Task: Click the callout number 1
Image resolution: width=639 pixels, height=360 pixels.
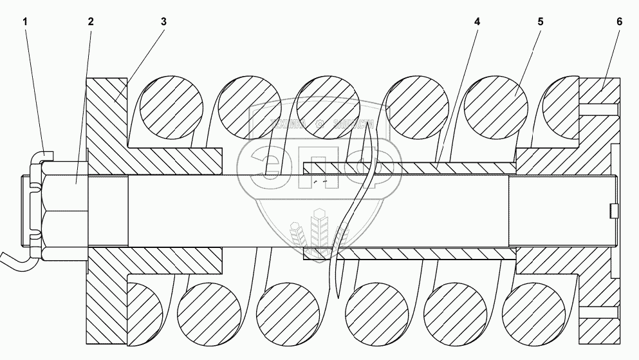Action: pos(26,21)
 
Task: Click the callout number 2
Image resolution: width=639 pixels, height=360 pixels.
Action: pos(91,21)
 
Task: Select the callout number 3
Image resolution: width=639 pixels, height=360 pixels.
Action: pos(163,21)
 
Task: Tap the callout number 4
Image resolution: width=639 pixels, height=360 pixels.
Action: pos(477,21)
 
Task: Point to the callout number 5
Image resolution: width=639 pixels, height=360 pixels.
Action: pos(540,21)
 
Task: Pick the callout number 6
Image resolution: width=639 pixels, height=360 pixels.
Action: pos(619,21)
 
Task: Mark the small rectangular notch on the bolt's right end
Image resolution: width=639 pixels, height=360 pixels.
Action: pos(613,210)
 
